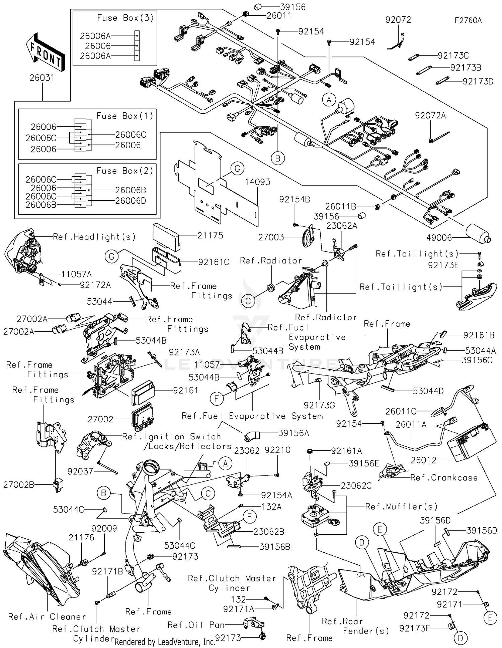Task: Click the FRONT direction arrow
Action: (x=45, y=53)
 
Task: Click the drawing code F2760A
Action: (x=468, y=20)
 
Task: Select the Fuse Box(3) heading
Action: (x=125, y=18)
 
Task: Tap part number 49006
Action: (x=439, y=238)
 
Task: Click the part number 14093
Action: (x=257, y=182)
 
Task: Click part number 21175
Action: (x=210, y=235)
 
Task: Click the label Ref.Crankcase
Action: (x=444, y=478)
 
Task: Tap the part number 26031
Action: (x=42, y=78)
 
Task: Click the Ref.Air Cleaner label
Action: (x=47, y=617)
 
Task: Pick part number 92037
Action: (x=80, y=471)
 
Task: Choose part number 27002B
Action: (x=19, y=484)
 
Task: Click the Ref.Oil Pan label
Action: (x=196, y=625)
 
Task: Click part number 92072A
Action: (x=430, y=116)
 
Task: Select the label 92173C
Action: (x=453, y=56)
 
